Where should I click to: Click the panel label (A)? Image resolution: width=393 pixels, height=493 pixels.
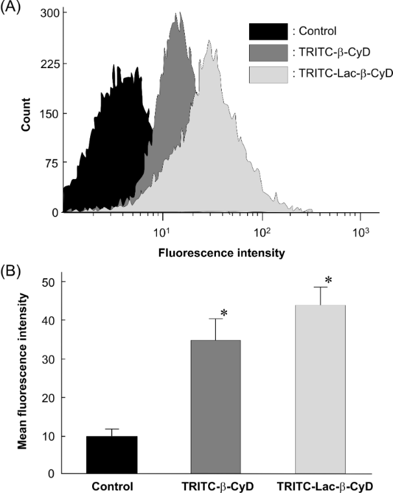click(x=11, y=7)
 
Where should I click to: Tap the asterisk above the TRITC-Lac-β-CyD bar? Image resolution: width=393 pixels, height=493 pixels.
click(x=329, y=280)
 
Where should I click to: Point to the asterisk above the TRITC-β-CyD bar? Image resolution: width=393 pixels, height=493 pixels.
click(x=224, y=314)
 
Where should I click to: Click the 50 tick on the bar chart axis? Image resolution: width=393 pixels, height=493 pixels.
click(x=50, y=282)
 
